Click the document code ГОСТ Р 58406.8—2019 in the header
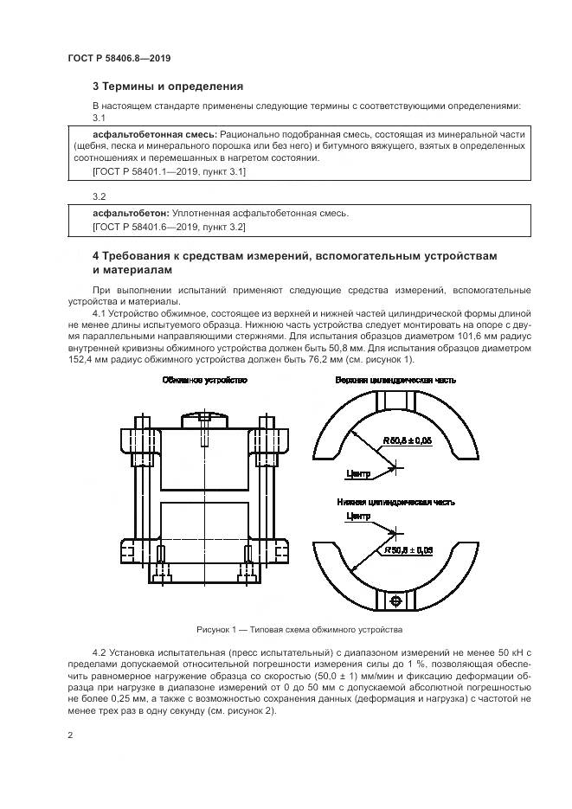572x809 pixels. point(119,58)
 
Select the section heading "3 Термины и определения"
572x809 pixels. point(168,87)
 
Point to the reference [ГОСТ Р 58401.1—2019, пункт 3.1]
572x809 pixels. point(169,172)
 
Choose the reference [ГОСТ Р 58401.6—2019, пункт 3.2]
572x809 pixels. point(169,227)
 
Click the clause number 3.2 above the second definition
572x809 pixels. point(99,196)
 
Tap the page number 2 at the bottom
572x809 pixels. point(71,735)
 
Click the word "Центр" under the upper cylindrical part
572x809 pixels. point(357,473)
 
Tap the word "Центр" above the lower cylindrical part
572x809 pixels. point(357,517)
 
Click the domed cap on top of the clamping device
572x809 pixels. point(204,420)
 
